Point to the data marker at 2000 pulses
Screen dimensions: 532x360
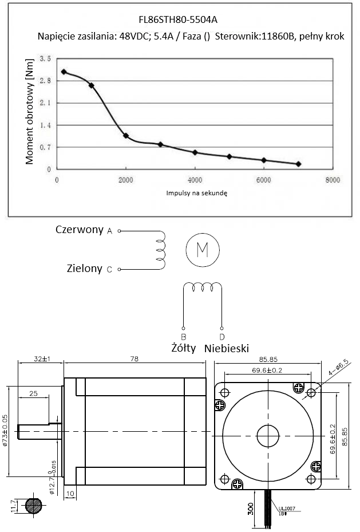pyautogui.click(x=126, y=136)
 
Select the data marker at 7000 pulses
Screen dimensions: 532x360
pyautogui.click(x=298, y=164)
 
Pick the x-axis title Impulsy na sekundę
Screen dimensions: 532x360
pyautogui.click(x=197, y=194)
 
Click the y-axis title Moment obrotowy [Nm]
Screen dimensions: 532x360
pyautogui.click(x=30, y=116)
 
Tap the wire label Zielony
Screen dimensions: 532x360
pyautogui.click(x=85, y=268)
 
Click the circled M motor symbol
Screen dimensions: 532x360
pyautogui.click(x=202, y=250)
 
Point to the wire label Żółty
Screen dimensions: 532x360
pyautogui.click(x=184, y=348)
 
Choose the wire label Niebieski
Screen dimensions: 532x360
pyautogui.click(x=227, y=348)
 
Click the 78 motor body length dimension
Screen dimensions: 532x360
pyautogui.click(x=134, y=359)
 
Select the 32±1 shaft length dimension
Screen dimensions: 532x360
pyautogui.click(x=41, y=359)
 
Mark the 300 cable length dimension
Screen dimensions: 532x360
pyautogui.click(x=250, y=509)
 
